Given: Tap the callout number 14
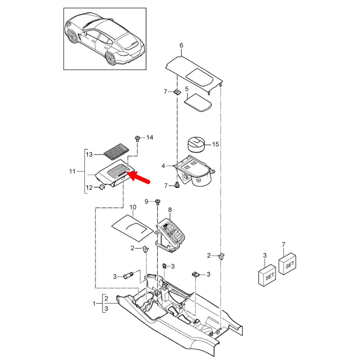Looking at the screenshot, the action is (150, 138).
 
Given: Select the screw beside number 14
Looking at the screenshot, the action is (137, 139).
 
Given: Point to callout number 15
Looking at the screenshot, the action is (216, 144).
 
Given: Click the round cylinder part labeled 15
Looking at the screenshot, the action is (196, 144).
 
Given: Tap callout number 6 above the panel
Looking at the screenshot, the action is (181, 45).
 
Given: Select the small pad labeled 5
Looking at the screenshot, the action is (198, 103).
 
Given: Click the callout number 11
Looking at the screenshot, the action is (72, 171).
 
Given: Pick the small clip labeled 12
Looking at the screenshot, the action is (102, 187).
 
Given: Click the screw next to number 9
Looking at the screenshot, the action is (158, 202).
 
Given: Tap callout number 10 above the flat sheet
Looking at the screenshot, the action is (133, 207).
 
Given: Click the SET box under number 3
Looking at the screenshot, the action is (267, 275).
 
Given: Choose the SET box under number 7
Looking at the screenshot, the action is (288, 264).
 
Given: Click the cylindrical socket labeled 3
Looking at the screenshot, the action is (128, 275).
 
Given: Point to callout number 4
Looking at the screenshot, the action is (163, 166).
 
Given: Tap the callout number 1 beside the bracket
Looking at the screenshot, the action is (94, 304).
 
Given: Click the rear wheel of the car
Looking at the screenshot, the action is (111, 58).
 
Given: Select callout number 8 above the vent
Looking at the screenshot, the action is (170, 210).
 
